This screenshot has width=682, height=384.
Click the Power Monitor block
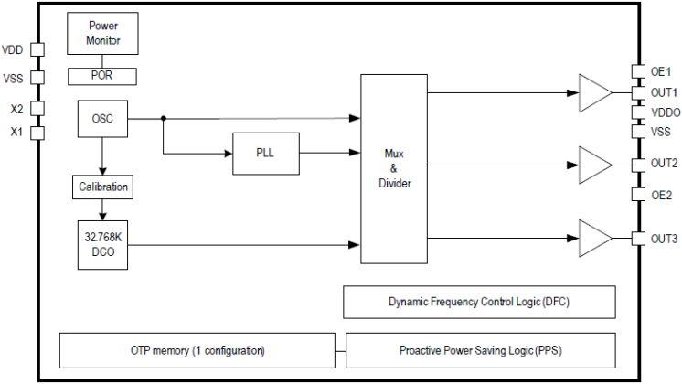103,34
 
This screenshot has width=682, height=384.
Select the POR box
103,76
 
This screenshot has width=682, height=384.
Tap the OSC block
102,118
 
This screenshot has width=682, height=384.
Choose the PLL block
265,153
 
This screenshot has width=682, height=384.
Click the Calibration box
102,188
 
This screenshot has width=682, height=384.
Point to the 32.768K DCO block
102,244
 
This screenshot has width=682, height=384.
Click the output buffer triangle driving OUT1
594,92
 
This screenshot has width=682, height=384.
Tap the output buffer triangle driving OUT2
594,165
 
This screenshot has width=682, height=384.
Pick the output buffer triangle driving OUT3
594,239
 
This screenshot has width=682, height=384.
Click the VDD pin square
37,50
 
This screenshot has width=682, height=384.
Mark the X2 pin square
37,109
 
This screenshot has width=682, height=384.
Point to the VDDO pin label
664,112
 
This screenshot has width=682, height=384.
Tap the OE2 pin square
637,194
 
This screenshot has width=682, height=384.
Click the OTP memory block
197,350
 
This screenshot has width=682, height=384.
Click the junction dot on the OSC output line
164,118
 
